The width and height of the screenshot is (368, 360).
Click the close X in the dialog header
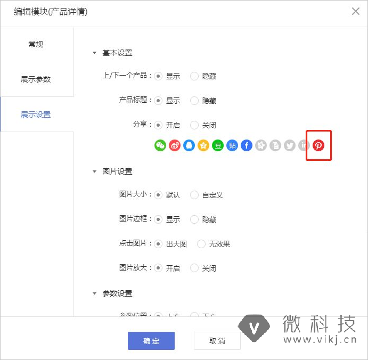(x=356, y=12)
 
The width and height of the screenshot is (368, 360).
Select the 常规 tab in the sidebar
(x=36, y=44)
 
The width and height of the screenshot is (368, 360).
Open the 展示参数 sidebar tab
(x=36, y=79)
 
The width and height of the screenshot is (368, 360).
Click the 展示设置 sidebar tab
(x=36, y=114)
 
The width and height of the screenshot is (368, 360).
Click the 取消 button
(x=217, y=341)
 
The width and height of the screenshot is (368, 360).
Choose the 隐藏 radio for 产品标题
(x=194, y=101)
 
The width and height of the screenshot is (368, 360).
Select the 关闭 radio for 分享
(x=194, y=125)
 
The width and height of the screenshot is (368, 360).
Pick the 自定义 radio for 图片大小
(x=194, y=195)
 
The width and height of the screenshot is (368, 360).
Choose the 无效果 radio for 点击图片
(x=201, y=244)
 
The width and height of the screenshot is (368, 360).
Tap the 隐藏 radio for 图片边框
(x=194, y=219)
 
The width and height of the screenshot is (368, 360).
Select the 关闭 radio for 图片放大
(x=194, y=268)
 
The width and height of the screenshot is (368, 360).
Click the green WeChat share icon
(x=160, y=145)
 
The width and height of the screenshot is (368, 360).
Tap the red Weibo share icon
(x=175, y=145)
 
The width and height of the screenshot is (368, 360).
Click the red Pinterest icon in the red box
(x=318, y=145)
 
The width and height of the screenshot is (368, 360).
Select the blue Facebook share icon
(x=247, y=145)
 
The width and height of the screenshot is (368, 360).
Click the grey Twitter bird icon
(x=290, y=145)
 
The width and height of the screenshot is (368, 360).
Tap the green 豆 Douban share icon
(x=218, y=145)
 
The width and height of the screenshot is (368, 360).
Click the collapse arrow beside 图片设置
(x=95, y=171)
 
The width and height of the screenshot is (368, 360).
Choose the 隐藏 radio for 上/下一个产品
(x=194, y=76)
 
